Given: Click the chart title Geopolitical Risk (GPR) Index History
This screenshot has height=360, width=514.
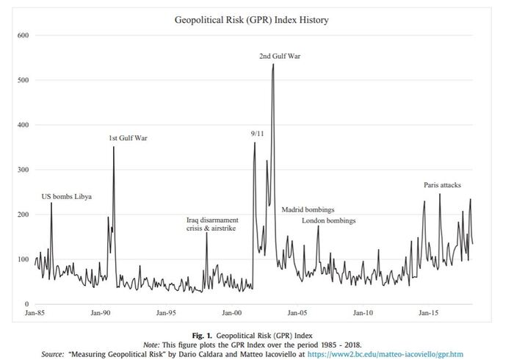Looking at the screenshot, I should coord(251,20).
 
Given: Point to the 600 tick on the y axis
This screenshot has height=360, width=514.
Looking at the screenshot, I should coord(23,35).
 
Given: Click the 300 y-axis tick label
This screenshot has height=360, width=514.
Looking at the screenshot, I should coord(23,170).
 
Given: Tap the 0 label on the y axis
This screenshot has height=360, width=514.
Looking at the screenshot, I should coord(26,304).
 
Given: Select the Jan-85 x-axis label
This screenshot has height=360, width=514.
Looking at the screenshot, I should coord(35,313).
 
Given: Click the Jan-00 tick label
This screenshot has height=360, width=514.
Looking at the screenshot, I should coord(232,313).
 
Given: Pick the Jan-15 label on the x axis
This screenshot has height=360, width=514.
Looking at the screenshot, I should coord(430,313).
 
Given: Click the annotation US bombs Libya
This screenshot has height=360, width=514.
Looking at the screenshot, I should coord(67,197).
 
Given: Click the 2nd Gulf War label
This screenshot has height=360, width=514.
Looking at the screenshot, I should coord(280,56).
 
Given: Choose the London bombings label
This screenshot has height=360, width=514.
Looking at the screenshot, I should coord(329,220).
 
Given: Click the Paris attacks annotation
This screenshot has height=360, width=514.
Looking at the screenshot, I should coord(442,185).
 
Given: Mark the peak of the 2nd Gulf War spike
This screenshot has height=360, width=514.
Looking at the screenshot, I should coord(273,64).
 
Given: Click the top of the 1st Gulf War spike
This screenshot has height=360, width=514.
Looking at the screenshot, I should coord(114,147).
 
